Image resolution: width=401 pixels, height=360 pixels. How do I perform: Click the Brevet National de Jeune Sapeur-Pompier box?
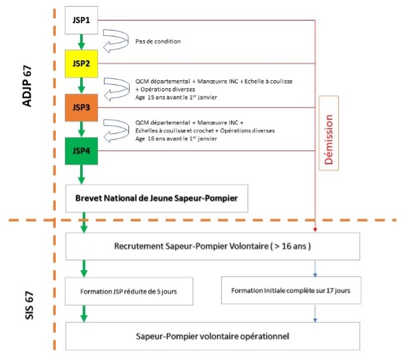point(156,198)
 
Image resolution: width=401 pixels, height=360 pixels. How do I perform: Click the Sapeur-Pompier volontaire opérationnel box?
point(212,336)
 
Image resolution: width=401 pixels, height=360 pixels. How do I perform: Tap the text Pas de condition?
point(158,41)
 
